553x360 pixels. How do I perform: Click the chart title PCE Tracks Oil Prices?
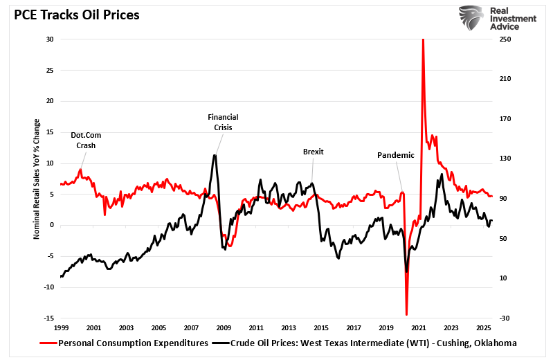pos(72,15)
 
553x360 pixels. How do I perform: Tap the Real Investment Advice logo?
pos(496,19)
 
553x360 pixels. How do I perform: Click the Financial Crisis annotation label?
pos(223,122)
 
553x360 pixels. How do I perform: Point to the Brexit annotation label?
pos(313,152)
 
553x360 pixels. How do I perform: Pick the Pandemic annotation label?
pos(395,155)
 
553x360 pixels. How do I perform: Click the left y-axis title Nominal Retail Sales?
pos(37,179)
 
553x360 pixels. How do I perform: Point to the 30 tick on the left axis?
pos(50,39)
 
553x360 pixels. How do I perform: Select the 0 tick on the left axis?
pos(52,225)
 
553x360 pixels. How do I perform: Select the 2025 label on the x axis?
pos(483,327)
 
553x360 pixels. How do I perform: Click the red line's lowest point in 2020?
pos(407,315)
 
